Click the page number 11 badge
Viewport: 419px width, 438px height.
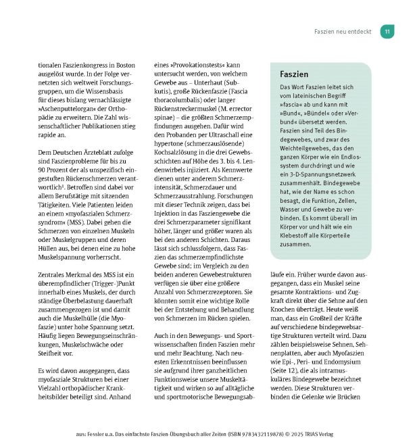pyautogui.click(x=387, y=32)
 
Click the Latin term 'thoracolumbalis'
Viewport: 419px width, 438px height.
pyautogui.click(x=181, y=110)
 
